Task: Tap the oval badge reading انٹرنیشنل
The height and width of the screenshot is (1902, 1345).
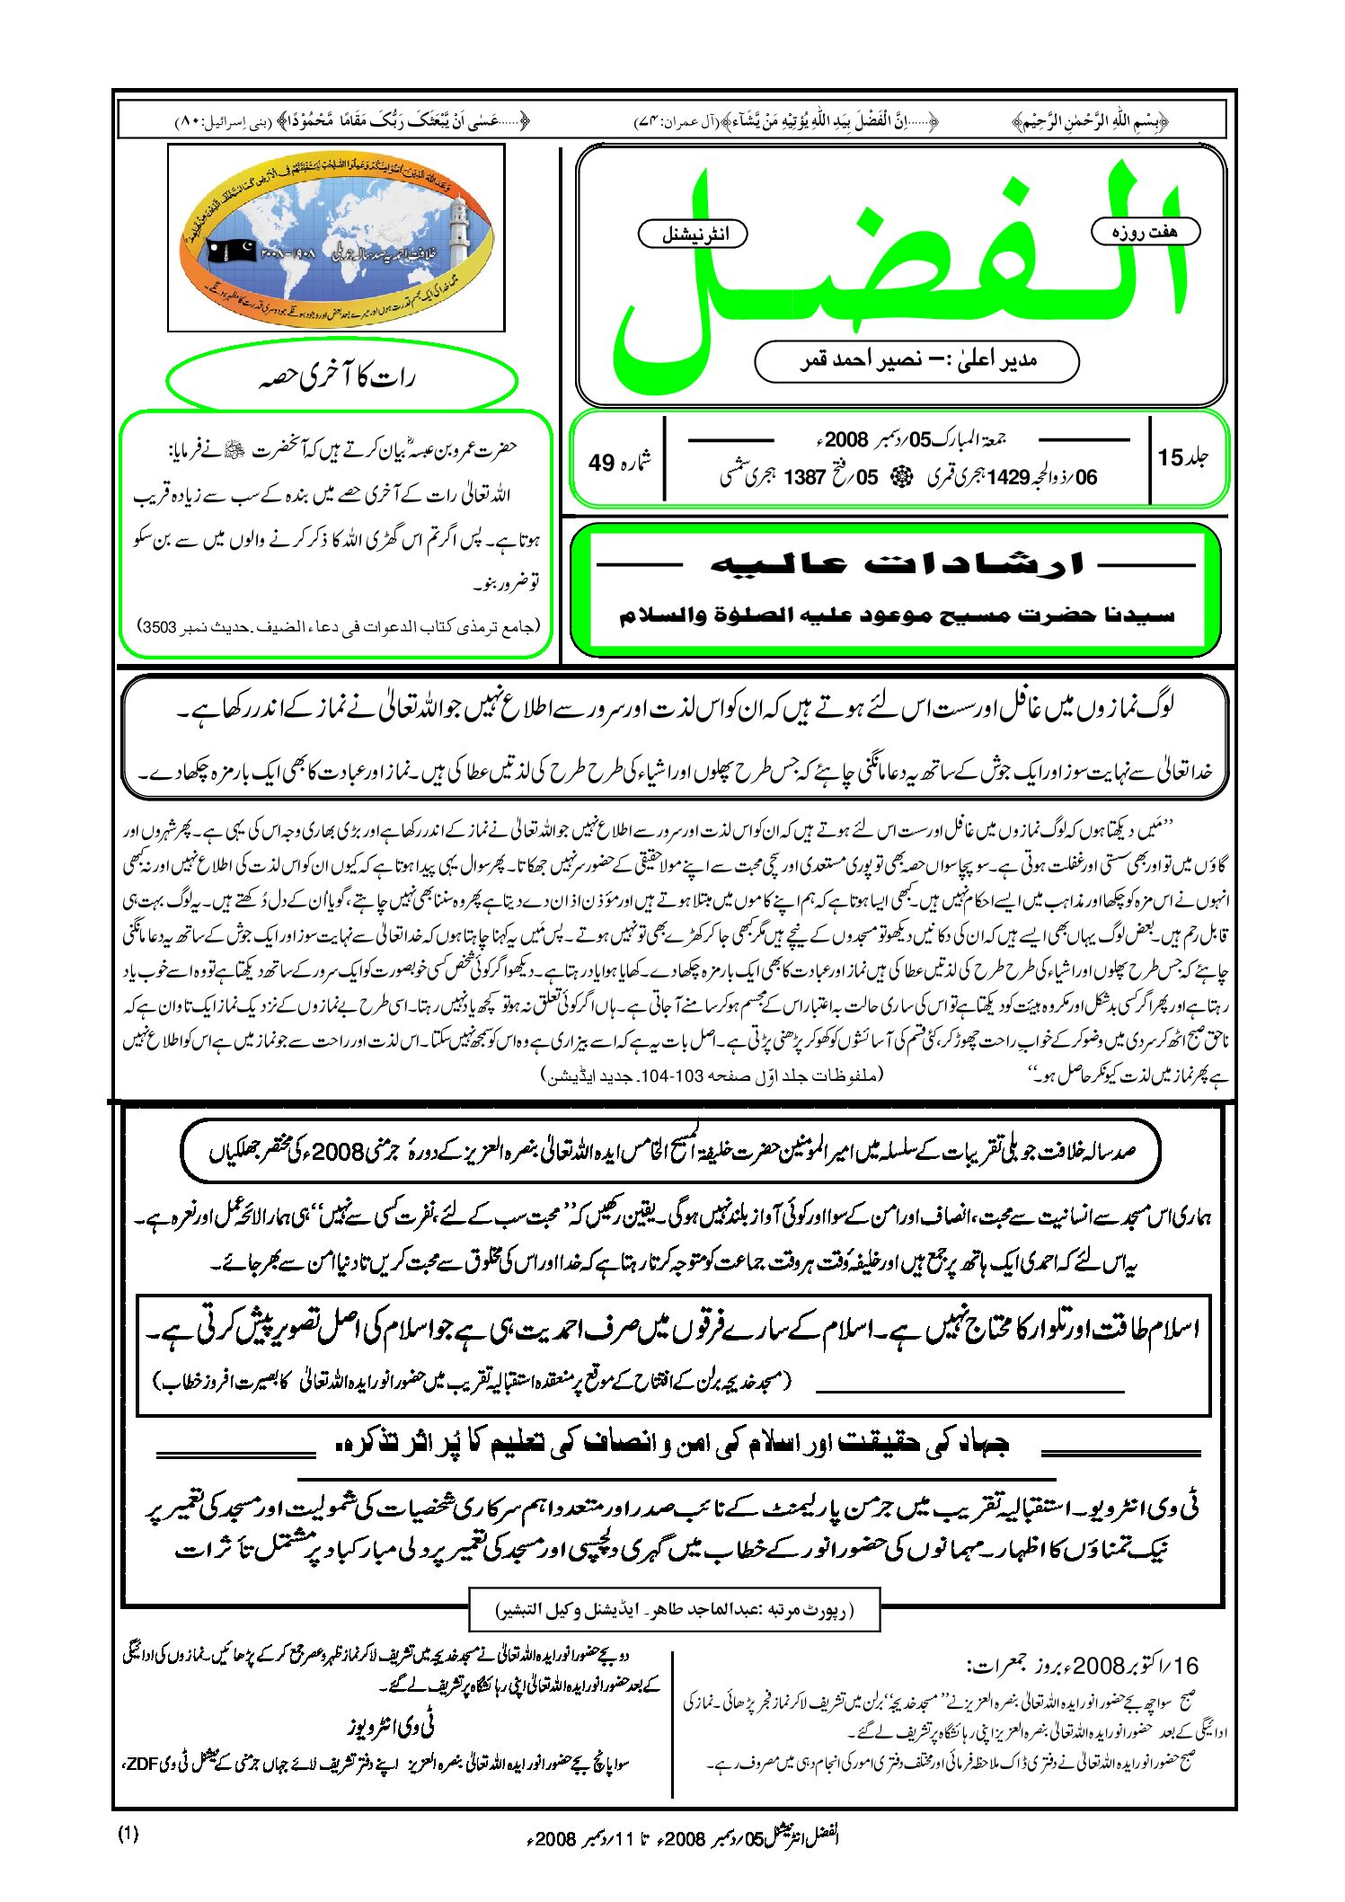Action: [693, 234]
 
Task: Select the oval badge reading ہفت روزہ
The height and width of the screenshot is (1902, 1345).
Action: [1145, 232]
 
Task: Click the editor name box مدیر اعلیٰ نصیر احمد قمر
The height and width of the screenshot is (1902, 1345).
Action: [916, 361]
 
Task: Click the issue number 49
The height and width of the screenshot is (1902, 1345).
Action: [618, 462]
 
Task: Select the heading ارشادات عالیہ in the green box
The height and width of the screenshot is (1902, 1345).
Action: [897, 564]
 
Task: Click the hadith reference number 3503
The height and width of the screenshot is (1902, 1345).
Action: [158, 626]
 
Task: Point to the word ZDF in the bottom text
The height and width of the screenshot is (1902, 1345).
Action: [142, 1763]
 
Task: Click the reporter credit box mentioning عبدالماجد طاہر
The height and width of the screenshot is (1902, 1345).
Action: [674, 1610]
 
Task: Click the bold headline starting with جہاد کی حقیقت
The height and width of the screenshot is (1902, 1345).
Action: [672, 1443]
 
